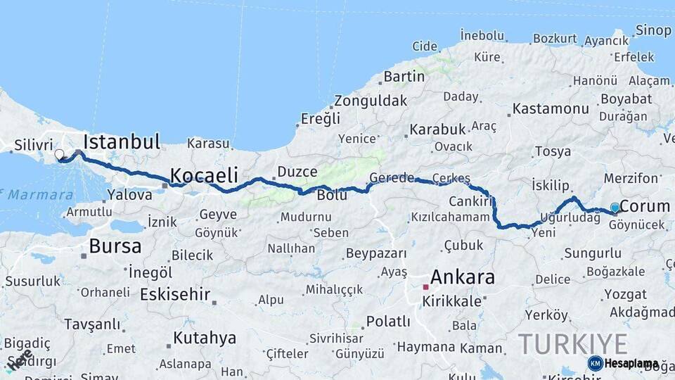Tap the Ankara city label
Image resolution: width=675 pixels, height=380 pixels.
coord(462,277)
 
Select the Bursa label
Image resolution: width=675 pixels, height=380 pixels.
coord(115,246)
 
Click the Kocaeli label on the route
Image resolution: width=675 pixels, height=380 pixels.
coord(204,175)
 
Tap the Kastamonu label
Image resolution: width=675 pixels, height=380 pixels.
coord(551,109)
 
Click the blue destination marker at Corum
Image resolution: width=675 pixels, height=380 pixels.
coord(615,208)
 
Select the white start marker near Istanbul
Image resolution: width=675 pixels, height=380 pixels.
coord(59,154)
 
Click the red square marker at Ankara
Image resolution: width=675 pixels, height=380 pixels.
coord(425,287)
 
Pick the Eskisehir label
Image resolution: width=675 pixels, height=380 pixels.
coord(175,294)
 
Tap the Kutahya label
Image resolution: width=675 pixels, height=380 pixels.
coord(205,338)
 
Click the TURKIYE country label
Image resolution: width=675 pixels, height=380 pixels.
coord(573,344)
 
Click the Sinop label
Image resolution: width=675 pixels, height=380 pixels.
coord(653,30)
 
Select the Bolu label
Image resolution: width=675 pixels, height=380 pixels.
coord(332,195)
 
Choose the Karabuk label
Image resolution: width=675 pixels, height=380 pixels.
coord(438,129)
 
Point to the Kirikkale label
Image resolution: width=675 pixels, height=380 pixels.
coord(451,301)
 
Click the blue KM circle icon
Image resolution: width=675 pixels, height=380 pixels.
coord(595,363)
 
